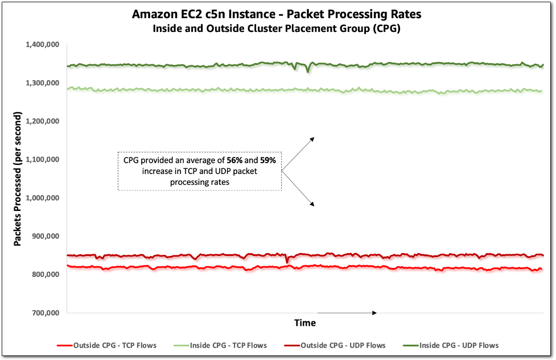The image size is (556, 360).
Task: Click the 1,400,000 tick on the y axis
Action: pyautogui.click(x=44, y=44)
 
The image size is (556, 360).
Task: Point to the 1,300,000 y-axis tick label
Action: pyautogui.click(x=44, y=83)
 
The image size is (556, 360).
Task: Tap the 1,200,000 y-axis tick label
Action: pyautogui.click(x=44, y=121)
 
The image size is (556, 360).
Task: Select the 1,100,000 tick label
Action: pyautogui.click(x=44, y=160)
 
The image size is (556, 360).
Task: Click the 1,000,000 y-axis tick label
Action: pyautogui.click(x=44, y=198)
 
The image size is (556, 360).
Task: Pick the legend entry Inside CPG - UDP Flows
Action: pyautogui.click(x=459, y=345)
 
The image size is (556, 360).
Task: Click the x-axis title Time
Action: pyautogui.click(x=305, y=323)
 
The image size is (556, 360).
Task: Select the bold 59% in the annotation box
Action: pyautogui.click(x=267, y=161)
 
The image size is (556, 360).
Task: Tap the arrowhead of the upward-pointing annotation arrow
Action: pyautogui.click(x=312, y=138)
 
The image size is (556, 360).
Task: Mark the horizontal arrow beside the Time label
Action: pyautogui.click(x=347, y=313)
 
